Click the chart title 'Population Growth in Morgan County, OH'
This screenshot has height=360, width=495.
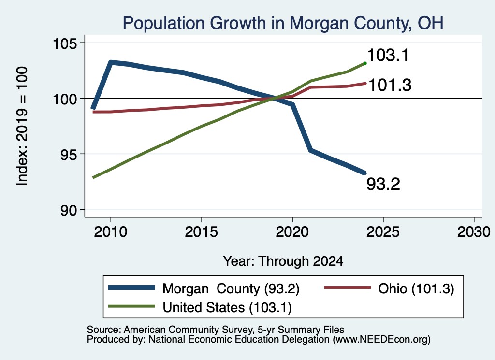pos(283,23)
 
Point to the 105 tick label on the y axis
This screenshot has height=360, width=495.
pos(64,43)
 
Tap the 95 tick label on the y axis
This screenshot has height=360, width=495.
pos(69,155)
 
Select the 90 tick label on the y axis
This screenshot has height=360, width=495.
pos(69,210)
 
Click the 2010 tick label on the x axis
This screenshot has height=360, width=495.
pos(111,232)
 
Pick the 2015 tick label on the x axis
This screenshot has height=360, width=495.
pos(202,232)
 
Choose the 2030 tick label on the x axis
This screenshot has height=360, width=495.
pos(474,232)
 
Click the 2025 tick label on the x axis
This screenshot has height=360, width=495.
pos(383,232)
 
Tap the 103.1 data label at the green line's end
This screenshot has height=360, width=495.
pos(388,55)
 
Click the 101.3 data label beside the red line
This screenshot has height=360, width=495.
pos(390,85)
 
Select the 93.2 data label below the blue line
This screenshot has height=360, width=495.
pos(383,184)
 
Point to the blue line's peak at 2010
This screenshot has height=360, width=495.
pos(111,62)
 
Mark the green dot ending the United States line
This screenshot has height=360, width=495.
pos(365,63)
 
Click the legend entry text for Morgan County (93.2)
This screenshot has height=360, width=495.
pos(231,288)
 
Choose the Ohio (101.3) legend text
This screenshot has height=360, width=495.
pos(416,288)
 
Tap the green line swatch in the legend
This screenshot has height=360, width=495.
pos(131,306)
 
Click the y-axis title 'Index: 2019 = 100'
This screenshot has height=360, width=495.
pos(22,126)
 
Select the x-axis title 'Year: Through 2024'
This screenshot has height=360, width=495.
pos(283,261)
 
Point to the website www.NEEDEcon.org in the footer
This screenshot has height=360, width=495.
pos(380,339)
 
